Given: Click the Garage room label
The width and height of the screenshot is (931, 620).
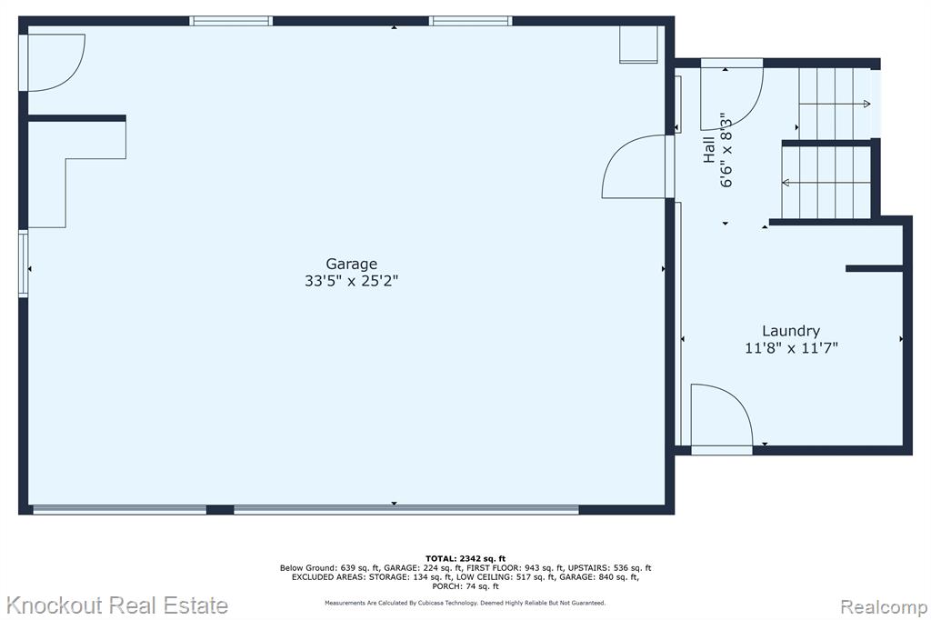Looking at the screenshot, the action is point(352,264).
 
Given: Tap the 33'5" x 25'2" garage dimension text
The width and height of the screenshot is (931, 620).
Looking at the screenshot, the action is point(352,281).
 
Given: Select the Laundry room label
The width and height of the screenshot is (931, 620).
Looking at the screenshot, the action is point(791,332).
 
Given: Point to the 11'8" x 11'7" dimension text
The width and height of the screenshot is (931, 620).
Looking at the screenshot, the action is point(791,348).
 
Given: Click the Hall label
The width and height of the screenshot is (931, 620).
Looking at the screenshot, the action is point(709,150).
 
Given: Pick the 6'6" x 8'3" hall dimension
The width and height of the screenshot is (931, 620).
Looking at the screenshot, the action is point(726,150).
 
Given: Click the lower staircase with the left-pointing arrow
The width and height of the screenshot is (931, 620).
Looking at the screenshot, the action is point(826,183).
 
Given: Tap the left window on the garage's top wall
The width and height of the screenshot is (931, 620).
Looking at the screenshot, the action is point(231,21).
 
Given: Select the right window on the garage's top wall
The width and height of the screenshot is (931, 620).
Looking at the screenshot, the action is point(471,21).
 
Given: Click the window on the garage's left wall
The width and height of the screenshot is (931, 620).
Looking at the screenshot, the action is point(23,264).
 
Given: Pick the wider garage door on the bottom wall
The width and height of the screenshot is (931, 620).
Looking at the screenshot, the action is point(406,509).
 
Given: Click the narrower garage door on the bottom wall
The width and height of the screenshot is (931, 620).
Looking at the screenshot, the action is point(119,509).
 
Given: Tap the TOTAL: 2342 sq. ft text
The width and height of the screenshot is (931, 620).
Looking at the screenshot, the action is point(465,558).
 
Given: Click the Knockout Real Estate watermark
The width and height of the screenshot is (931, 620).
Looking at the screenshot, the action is point(117,605).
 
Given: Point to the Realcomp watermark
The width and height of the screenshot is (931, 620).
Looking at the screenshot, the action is point(884,607).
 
